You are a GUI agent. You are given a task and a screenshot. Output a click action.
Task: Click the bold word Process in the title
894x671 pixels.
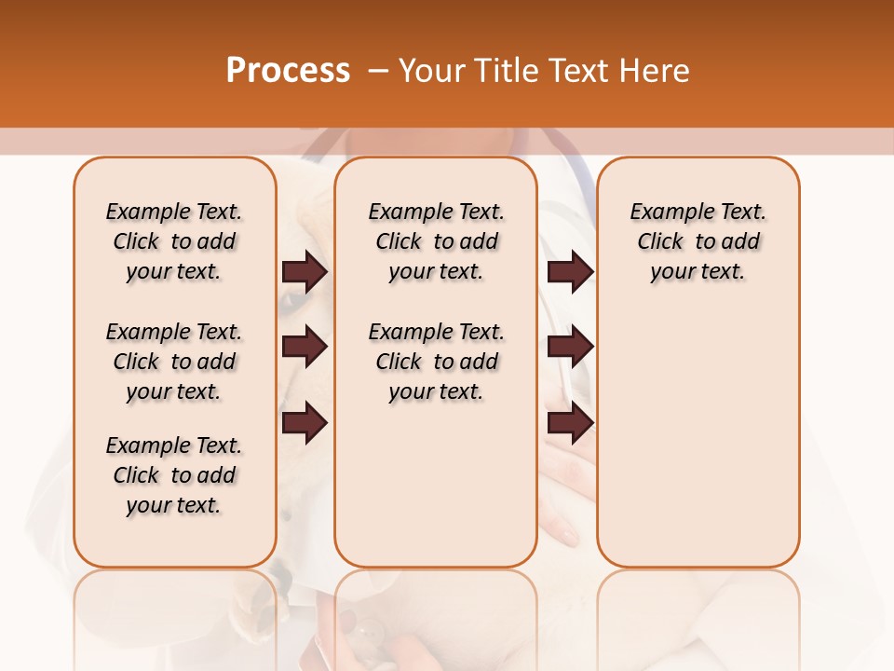click(x=287, y=71)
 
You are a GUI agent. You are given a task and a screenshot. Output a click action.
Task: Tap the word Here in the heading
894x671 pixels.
click(x=656, y=71)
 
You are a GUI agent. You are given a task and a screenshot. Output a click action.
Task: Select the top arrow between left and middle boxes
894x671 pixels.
click(x=305, y=272)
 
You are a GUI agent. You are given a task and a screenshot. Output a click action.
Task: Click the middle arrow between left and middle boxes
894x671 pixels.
click(x=305, y=348)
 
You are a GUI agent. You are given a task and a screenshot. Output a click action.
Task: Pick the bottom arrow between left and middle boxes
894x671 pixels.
click(x=305, y=423)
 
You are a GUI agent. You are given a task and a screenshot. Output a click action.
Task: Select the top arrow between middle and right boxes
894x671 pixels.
click(x=570, y=272)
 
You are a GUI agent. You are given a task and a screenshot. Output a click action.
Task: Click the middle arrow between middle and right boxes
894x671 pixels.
click(x=570, y=348)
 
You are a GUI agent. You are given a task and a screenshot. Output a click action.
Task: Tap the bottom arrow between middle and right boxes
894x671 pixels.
click(x=570, y=423)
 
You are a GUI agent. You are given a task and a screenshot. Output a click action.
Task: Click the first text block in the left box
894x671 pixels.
click(x=174, y=241)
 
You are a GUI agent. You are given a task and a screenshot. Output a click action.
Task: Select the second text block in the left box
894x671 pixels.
click(x=174, y=362)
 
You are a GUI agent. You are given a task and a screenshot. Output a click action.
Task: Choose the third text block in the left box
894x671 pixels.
click(x=174, y=475)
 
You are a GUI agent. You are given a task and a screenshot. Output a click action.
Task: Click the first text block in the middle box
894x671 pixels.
click(x=436, y=241)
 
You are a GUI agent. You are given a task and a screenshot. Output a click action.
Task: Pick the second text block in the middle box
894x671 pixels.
click(x=436, y=362)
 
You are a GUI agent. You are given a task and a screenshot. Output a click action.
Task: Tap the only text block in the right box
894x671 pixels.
click(x=698, y=241)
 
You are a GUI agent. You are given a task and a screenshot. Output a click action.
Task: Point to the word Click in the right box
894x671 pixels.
click(x=660, y=242)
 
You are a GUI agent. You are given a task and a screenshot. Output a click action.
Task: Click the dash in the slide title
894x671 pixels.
click(x=377, y=71)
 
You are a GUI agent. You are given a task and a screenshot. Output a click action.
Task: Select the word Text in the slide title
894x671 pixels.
click(x=579, y=71)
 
